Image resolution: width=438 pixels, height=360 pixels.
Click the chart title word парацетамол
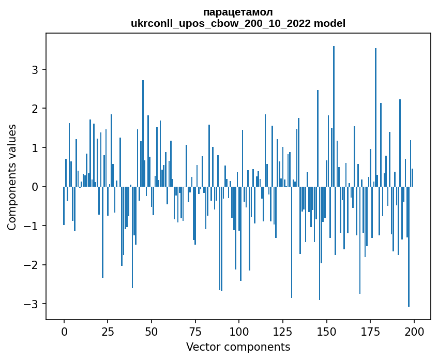[238, 12]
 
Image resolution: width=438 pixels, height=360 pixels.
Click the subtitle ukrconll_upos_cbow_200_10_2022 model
[238, 23]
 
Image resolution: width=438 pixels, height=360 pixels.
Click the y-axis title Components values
[12, 177]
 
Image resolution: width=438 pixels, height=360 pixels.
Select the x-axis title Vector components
[238, 347]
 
